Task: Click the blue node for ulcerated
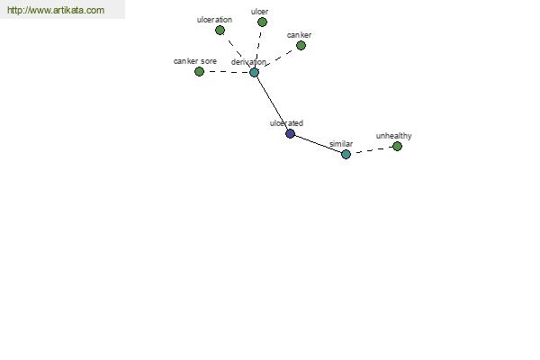291,134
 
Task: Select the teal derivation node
254,72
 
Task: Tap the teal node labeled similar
346,154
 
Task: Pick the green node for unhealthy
397,147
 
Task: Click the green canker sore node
199,72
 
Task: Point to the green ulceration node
220,31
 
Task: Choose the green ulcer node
263,22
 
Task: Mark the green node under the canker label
301,46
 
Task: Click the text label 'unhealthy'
393,136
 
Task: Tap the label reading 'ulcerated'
286,123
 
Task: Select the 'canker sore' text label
195,61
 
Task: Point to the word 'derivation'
248,62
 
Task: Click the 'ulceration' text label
214,20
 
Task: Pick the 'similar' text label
341,144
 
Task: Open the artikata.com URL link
56,10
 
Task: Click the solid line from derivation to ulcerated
272,103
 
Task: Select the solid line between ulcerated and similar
319,144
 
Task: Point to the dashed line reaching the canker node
278,58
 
